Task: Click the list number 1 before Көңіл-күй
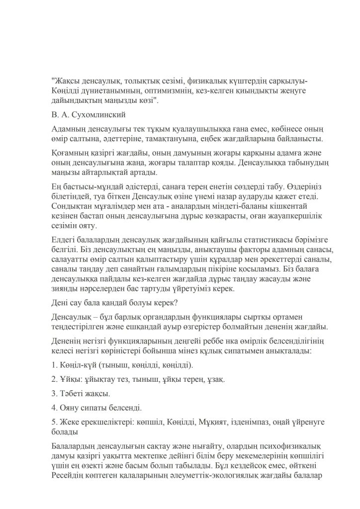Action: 53,366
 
